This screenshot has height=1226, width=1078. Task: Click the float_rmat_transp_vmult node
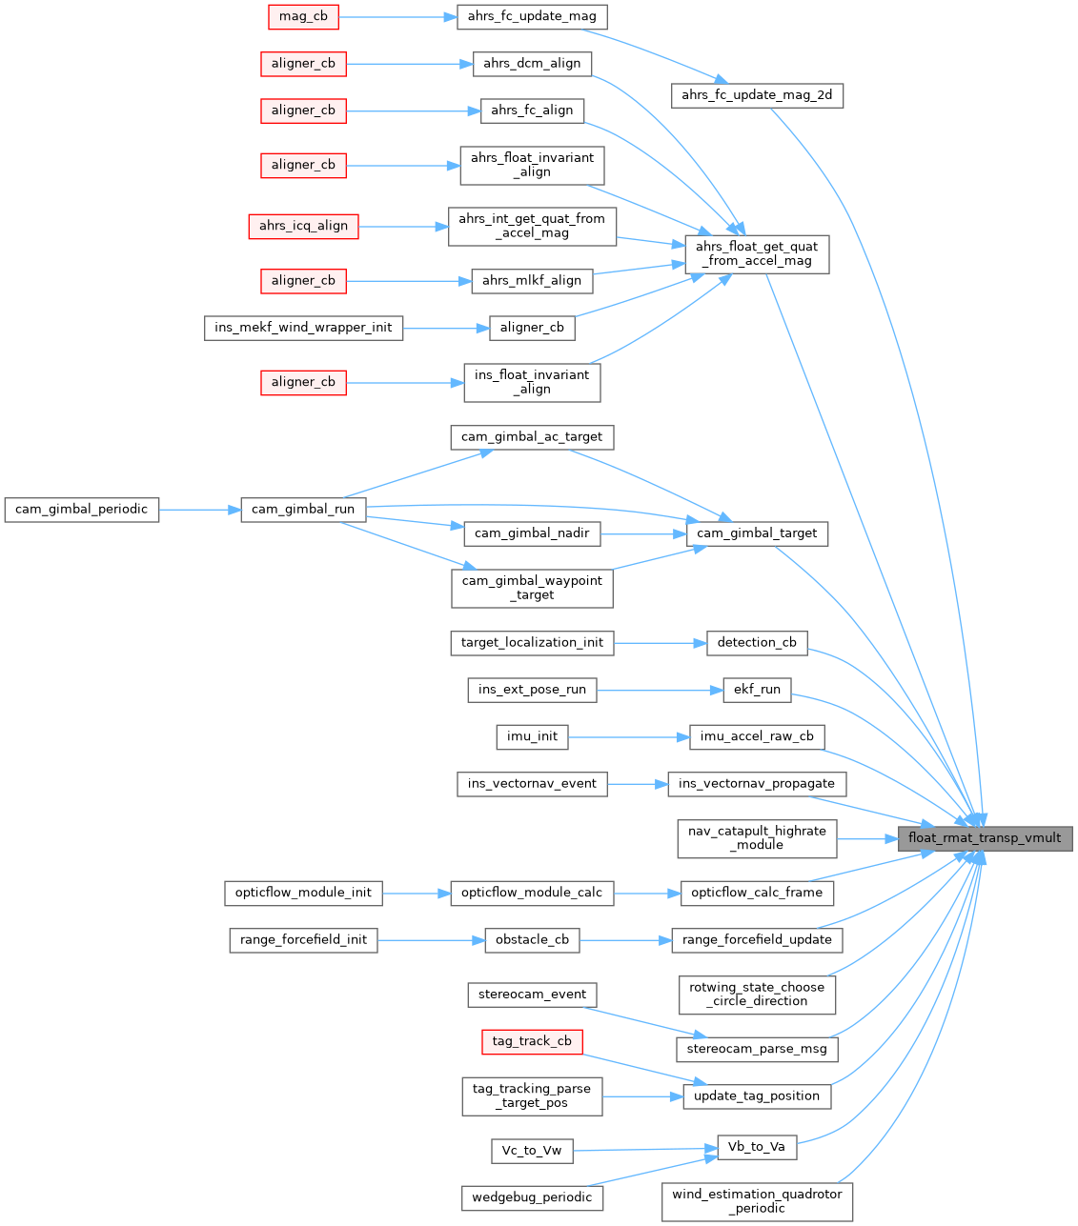[985, 838]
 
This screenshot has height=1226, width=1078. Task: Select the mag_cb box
[303, 16]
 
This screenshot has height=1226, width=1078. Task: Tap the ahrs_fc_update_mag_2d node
[757, 95]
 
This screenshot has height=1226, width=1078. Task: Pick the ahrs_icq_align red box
[303, 226]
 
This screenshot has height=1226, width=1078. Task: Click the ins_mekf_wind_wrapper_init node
[303, 328]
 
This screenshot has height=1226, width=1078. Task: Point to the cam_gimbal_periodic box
[82, 510]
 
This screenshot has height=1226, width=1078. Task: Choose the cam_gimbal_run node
[303, 510]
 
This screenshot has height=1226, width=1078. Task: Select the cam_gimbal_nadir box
[532, 533]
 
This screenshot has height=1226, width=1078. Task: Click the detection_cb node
[757, 642]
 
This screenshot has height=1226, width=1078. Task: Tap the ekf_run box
[757, 690]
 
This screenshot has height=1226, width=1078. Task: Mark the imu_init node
[532, 736]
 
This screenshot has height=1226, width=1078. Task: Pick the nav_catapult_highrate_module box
[757, 838]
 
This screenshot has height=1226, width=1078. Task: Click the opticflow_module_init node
[303, 893]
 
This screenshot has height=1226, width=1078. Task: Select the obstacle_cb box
[532, 940]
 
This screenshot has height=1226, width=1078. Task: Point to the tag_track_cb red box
[532, 1041]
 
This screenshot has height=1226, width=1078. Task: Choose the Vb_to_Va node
[757, 1147]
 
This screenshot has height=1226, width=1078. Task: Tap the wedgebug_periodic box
[532, 1197]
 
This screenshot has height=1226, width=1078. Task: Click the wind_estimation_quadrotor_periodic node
[757, 1201]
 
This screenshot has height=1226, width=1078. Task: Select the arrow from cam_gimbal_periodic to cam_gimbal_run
[199, 510]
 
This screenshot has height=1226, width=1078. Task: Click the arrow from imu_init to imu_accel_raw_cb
[628, 736]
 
